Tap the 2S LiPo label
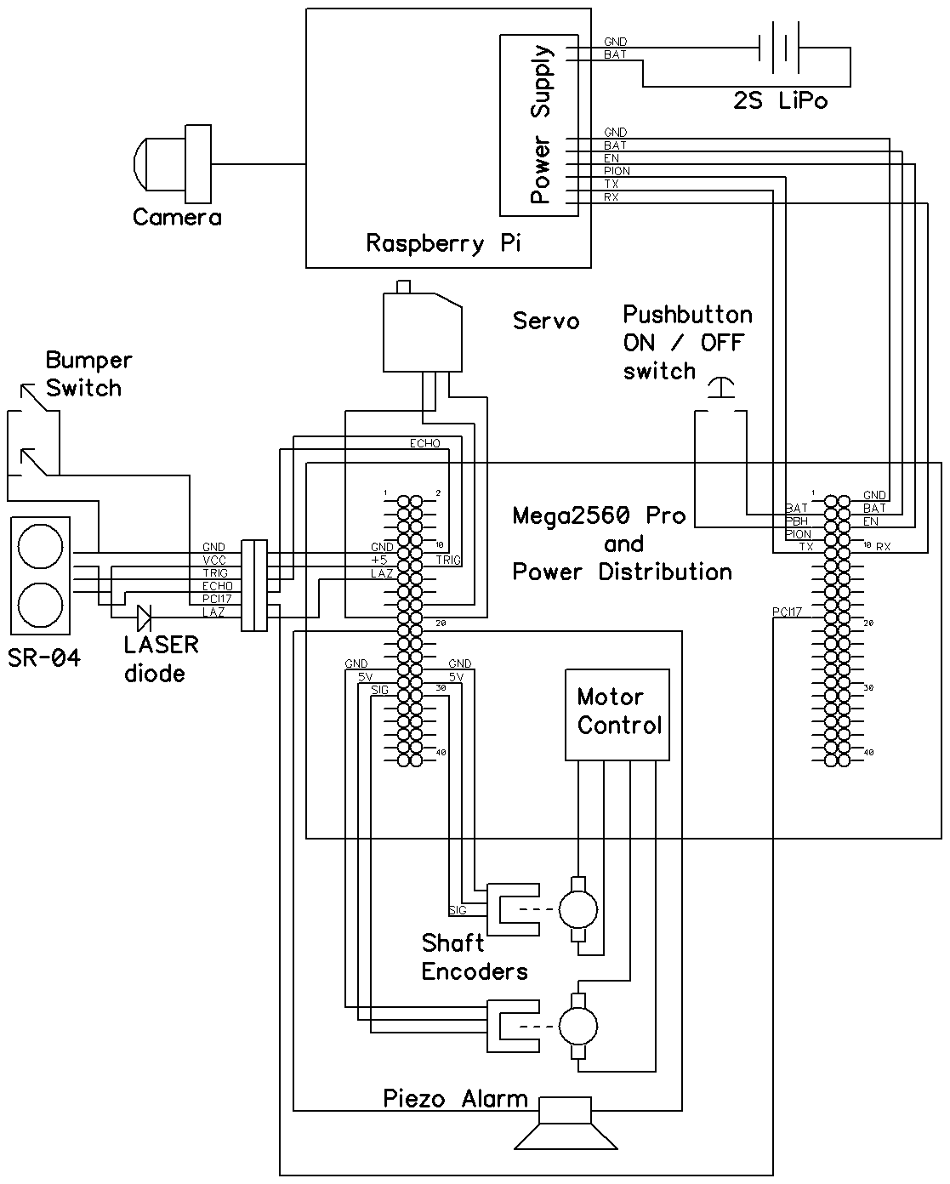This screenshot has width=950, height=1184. click(x=780, y=100)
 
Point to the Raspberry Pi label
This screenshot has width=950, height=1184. click(x=443, y=243)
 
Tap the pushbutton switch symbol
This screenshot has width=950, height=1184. click(x=721, y=390)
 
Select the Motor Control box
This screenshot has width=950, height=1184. click(x=617, y=714)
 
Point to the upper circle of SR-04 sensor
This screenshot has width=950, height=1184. click(x=40, y=545)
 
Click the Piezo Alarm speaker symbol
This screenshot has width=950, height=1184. click(x=567, y=1123)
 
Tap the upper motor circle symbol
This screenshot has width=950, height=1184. click(x=578, y=909)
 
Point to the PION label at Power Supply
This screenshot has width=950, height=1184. click(x=617, y=171)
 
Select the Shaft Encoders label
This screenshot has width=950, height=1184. click(x=474, y=958)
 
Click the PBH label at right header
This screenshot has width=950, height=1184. click(x=797, y=521)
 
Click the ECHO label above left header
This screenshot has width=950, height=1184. click(x=425, y=443)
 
